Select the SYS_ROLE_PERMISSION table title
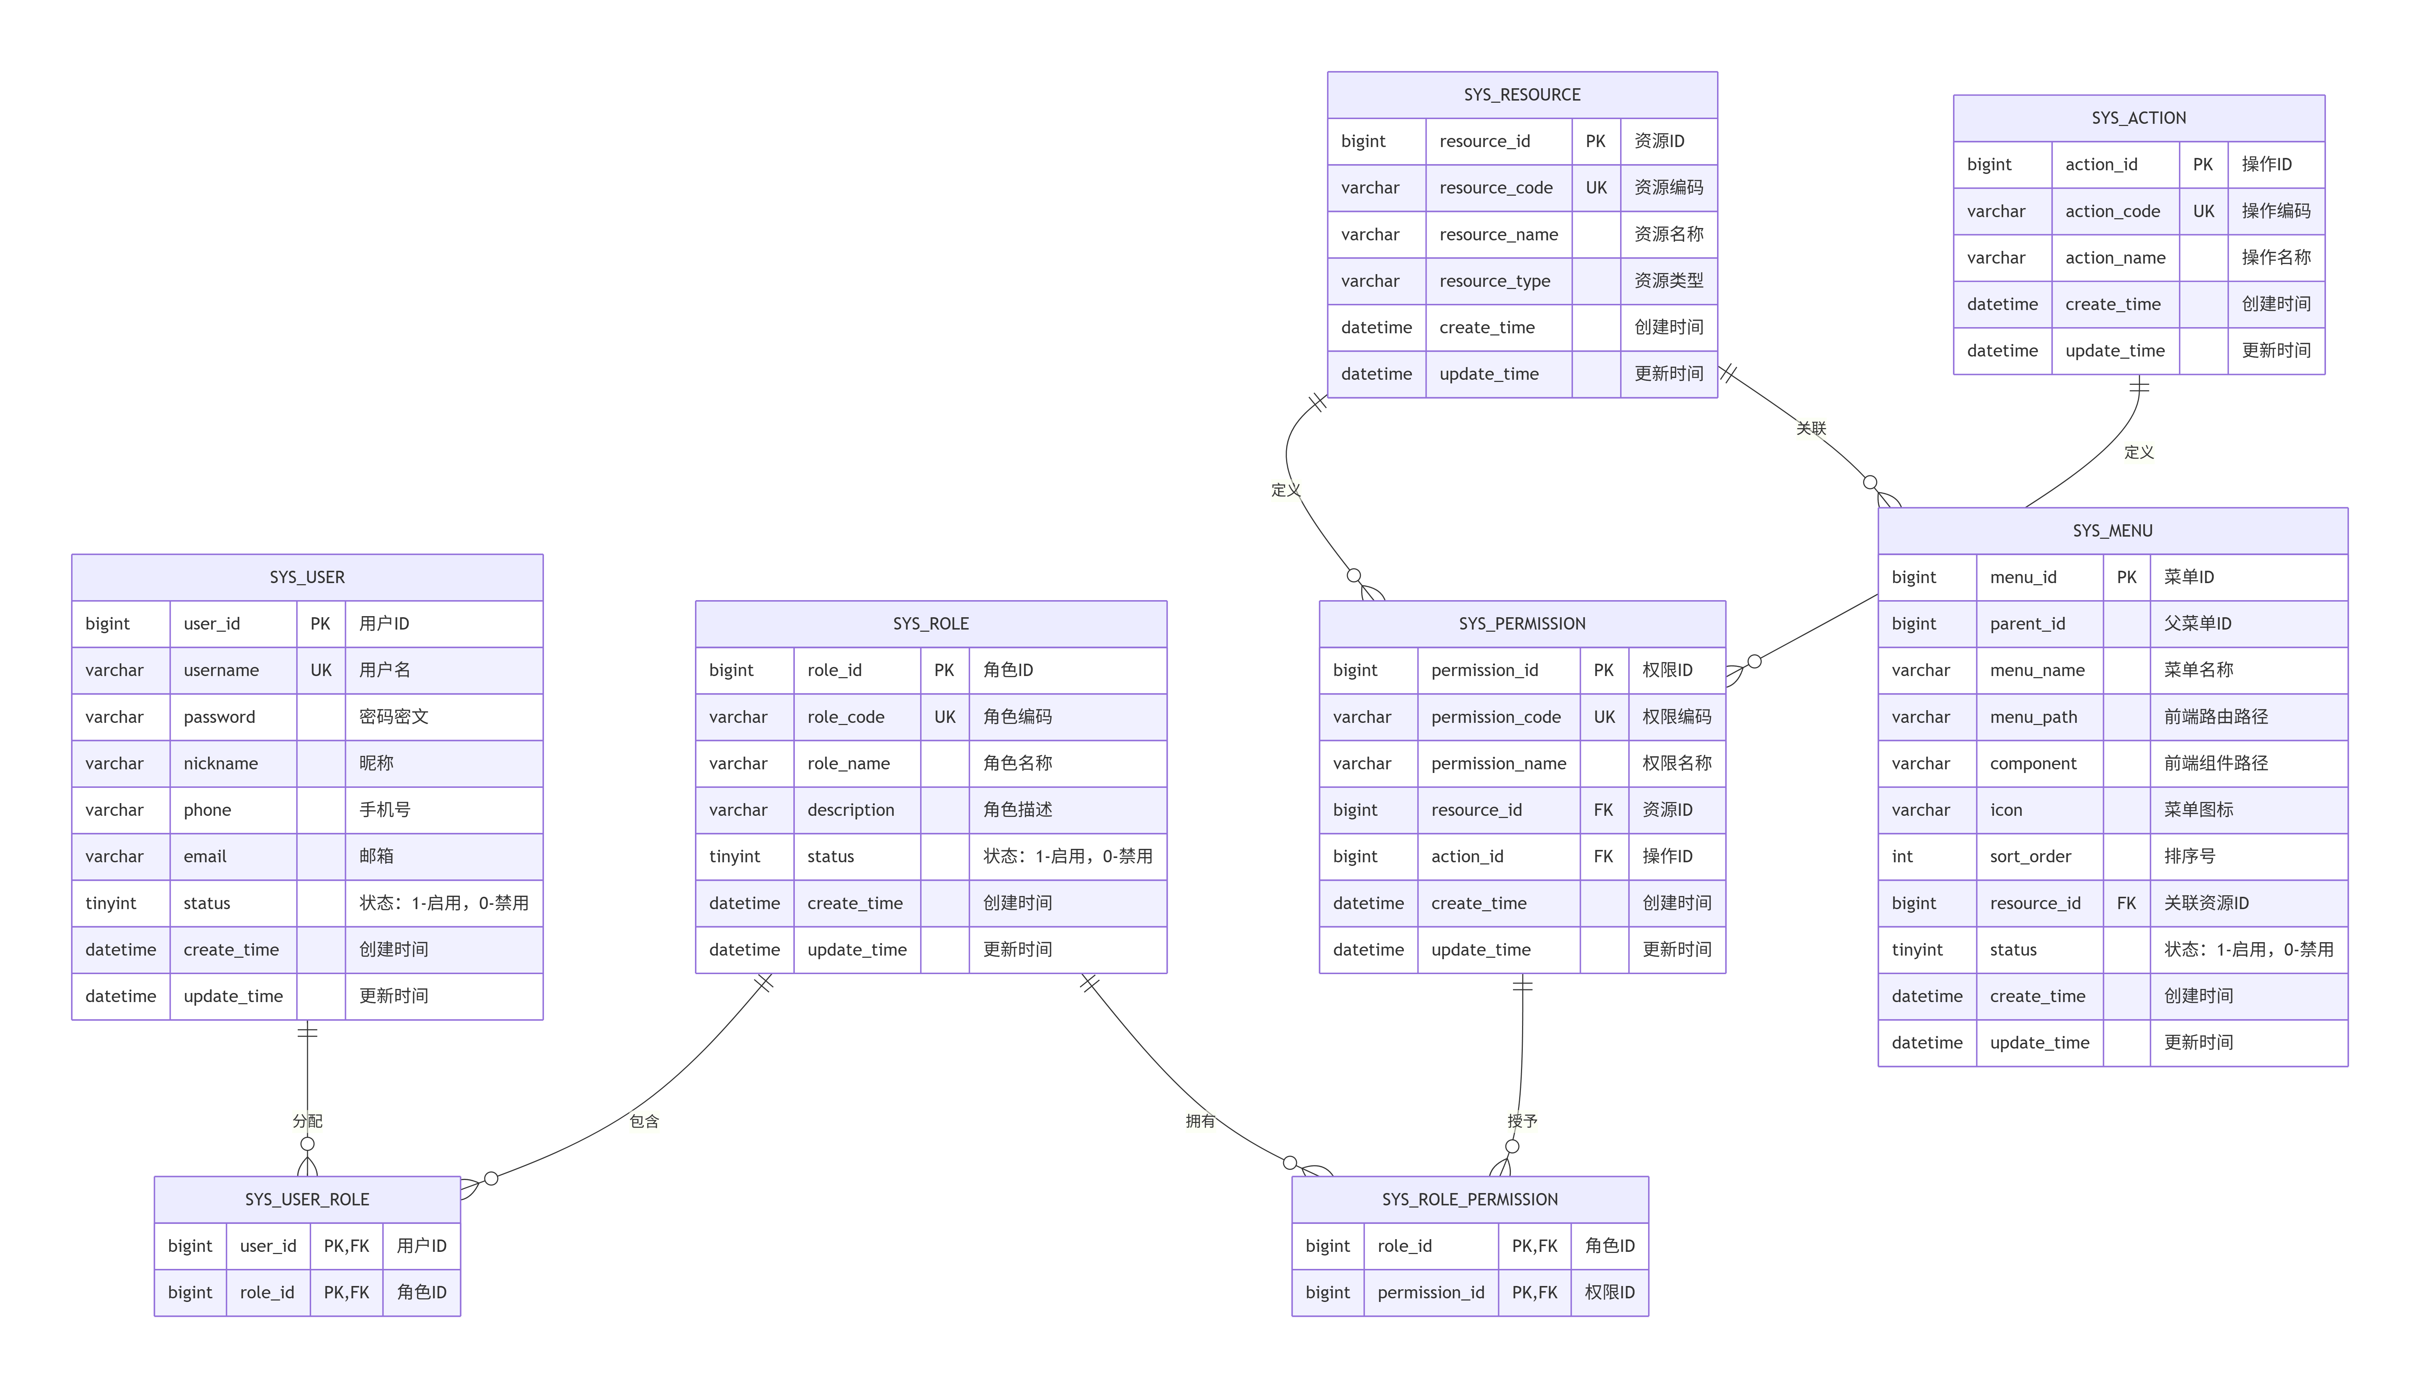(x=1470, y=1199)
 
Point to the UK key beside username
(x=321, y=670)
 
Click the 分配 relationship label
(x=307, y=1121)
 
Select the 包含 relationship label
(x=644, y=1121)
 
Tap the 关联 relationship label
(x=1811, y=428)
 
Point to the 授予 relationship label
(x=1522, y=1121)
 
